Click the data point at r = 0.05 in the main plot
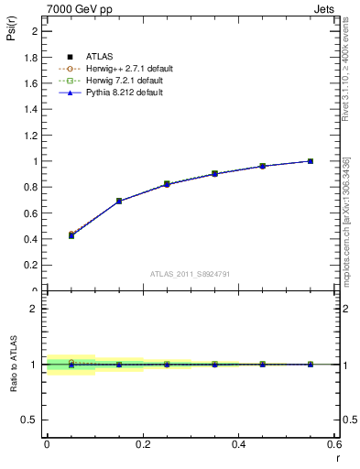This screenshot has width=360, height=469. click(x=71, y=235)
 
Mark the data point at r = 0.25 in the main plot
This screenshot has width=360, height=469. click(x=167, y=184)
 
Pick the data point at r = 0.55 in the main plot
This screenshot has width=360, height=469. click(x=311, y=161)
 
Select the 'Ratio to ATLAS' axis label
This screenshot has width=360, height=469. click(x=14, y=365)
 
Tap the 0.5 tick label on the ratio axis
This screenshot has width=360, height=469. click(x=33, y=420)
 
